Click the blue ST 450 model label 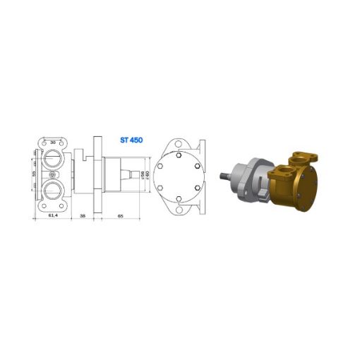pos(131,140)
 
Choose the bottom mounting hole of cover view pos(180,210)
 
